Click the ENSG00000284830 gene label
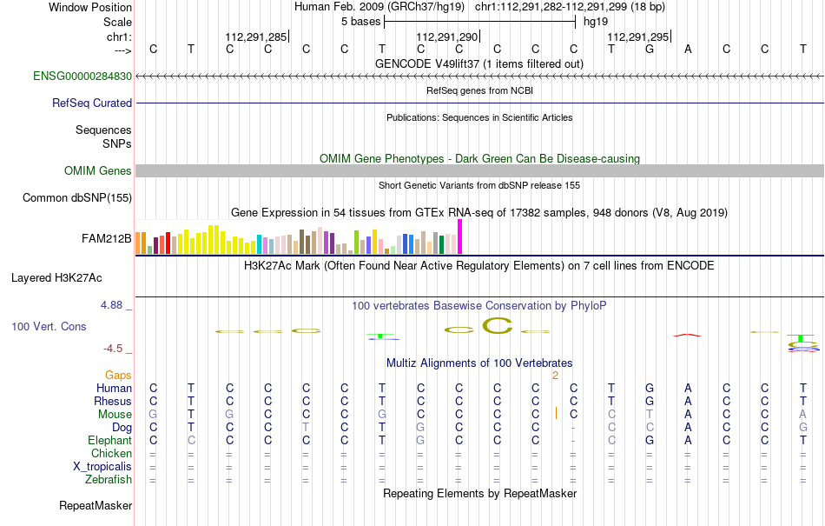pos(82,77)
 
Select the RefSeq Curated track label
pos(92,103)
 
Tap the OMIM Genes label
pos(98,171)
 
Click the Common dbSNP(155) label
pos(77,198)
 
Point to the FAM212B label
pos(106,239)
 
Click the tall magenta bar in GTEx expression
pos(460,237)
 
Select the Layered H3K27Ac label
pos(56,278)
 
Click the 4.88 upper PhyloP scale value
pos(111,305)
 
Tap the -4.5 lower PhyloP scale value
pos(113,349)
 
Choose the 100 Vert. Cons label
pos(49,326)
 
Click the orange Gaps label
pos(118,375)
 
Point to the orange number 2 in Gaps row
pos(555,376)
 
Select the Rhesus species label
pos(113,401)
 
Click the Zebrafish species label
pos(109,480)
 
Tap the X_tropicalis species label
pos(102,467)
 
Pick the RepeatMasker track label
pos(96,506)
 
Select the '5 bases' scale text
pos(361,22)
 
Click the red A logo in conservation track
pos(688,335)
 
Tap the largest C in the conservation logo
pos(498,326)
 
